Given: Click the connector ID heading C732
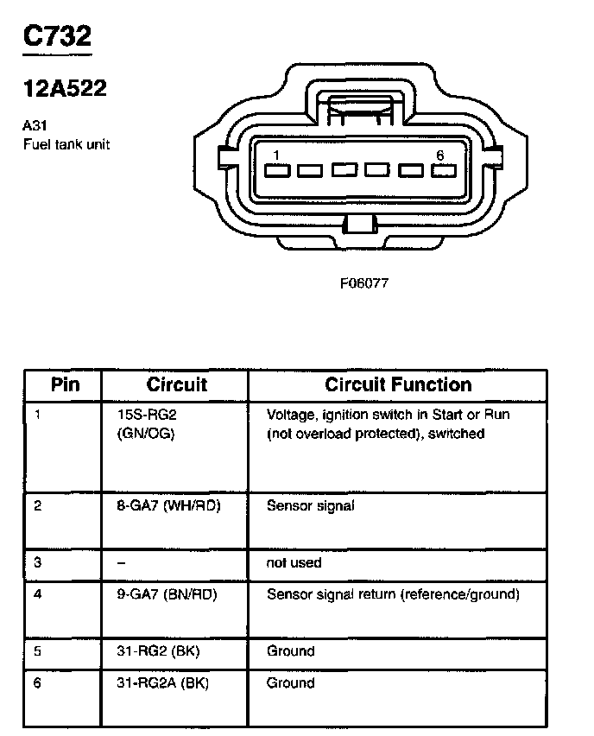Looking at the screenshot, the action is coord(56,37).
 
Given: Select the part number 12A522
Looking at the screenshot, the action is coord(64,88).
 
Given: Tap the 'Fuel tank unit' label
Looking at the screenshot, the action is coord(66,144).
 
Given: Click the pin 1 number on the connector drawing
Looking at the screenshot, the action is coord(275,155).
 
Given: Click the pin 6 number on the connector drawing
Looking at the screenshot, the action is coord(439,155).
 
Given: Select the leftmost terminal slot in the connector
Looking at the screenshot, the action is coord(276,170).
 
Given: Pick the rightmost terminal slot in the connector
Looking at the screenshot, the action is coord(444,170).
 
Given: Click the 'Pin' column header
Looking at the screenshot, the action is coord(66,384).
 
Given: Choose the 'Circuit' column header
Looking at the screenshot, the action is coord(176,384).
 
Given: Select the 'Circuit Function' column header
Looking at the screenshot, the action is coord(398,384).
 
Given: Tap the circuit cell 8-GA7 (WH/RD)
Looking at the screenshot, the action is coord(168,506).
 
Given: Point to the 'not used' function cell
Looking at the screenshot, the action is coord(294,562).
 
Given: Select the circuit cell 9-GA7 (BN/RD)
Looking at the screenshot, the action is coord(167,594).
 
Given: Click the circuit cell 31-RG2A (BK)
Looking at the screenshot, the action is coord(162,683).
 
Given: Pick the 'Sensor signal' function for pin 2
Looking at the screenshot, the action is coord(310,506).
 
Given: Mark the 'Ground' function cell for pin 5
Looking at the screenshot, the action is coord(290,651).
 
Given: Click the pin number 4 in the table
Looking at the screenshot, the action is coord(38,594).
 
